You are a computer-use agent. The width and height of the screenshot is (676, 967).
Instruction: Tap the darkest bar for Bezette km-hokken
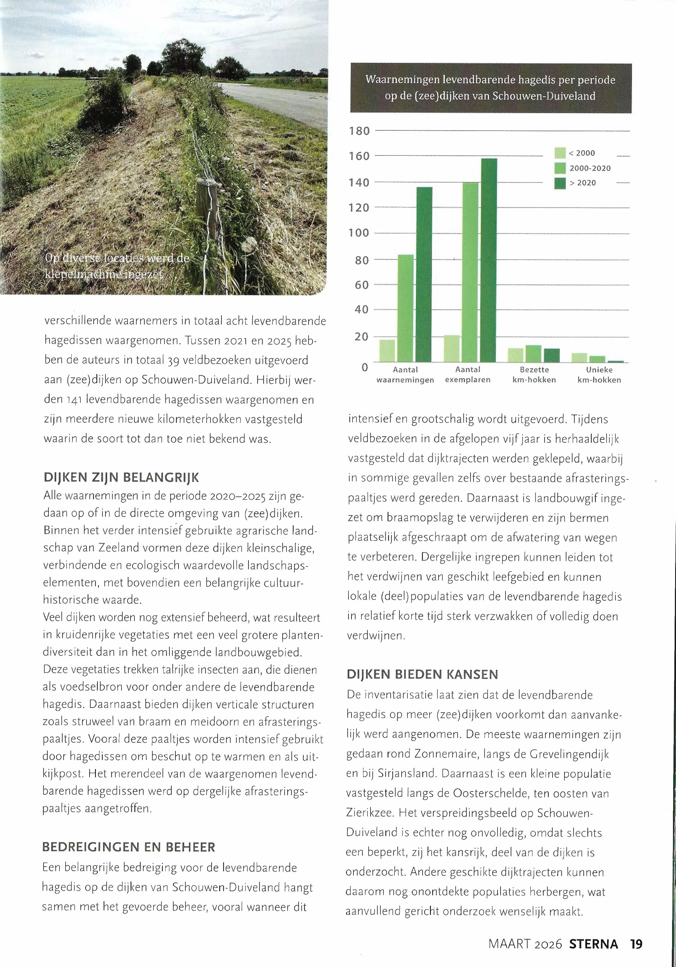coord(551,355)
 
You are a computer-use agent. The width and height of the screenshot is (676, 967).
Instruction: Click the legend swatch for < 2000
coord(560,153)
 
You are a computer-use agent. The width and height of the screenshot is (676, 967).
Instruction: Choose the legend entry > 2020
coord(583,183)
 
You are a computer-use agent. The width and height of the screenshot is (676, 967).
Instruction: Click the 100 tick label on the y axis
coord(359,233)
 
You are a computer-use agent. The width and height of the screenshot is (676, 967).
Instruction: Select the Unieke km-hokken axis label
coord(599,375)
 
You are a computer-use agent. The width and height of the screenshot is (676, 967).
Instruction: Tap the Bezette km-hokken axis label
coord(534,375)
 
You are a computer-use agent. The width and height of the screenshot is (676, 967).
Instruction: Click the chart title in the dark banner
coord(490,88)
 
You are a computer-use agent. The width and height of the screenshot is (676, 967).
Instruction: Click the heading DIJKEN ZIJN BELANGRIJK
coord(121,478)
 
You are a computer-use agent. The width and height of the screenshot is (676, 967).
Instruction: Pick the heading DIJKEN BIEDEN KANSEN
coord(422,674)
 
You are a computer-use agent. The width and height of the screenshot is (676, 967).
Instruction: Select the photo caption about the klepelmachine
coord(117,266)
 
